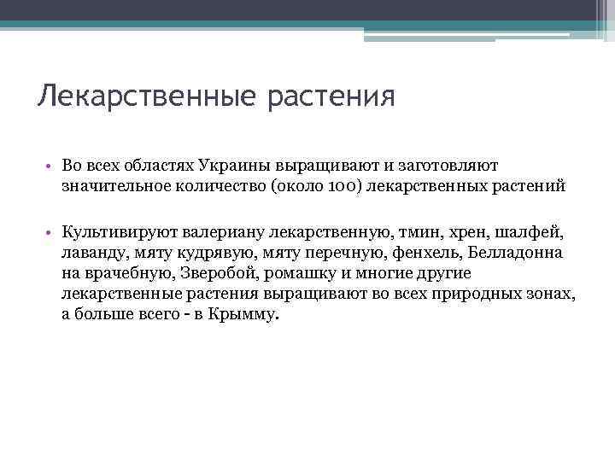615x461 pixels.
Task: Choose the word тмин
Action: [413, 232]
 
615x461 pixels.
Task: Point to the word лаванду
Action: [92, 253]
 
